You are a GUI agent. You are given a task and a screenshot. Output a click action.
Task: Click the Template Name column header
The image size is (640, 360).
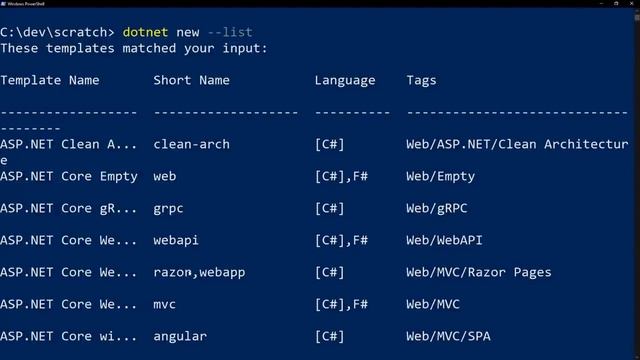[x=50, y=80]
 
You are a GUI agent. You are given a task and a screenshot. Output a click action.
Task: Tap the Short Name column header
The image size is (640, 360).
[x=192, y=80]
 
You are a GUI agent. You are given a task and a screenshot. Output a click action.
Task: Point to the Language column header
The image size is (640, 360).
[x=345, y=80]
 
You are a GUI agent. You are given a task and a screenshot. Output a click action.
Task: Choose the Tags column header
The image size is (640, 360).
[x=421, y=80]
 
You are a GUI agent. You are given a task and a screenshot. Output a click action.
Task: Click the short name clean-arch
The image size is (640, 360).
[x=192, y=144]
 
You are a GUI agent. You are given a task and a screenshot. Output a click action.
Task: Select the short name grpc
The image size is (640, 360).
[x=169, y=208]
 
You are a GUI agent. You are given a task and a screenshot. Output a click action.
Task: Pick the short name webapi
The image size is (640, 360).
[x=177, y=240]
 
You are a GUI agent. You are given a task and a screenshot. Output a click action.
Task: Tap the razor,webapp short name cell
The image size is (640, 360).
[x=200, y=272]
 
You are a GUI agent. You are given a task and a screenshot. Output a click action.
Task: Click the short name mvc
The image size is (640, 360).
[x=165, y=304]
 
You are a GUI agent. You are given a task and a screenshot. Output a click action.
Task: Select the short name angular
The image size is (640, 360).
[x=180, y=336]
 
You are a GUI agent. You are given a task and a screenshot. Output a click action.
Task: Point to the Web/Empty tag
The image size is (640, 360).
[x=440, y=176]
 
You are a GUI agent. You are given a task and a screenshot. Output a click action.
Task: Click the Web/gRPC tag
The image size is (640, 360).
[x=436, y=208]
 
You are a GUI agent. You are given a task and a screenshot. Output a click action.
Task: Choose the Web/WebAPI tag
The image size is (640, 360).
[x=444, y=240]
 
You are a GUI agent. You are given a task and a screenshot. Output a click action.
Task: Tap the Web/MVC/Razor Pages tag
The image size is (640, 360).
[x=478, y=272]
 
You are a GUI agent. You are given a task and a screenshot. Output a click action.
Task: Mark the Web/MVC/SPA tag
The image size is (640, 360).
[x=448, y=336]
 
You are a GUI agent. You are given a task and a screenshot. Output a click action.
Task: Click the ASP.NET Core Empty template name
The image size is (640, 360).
[x=69, y=176]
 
